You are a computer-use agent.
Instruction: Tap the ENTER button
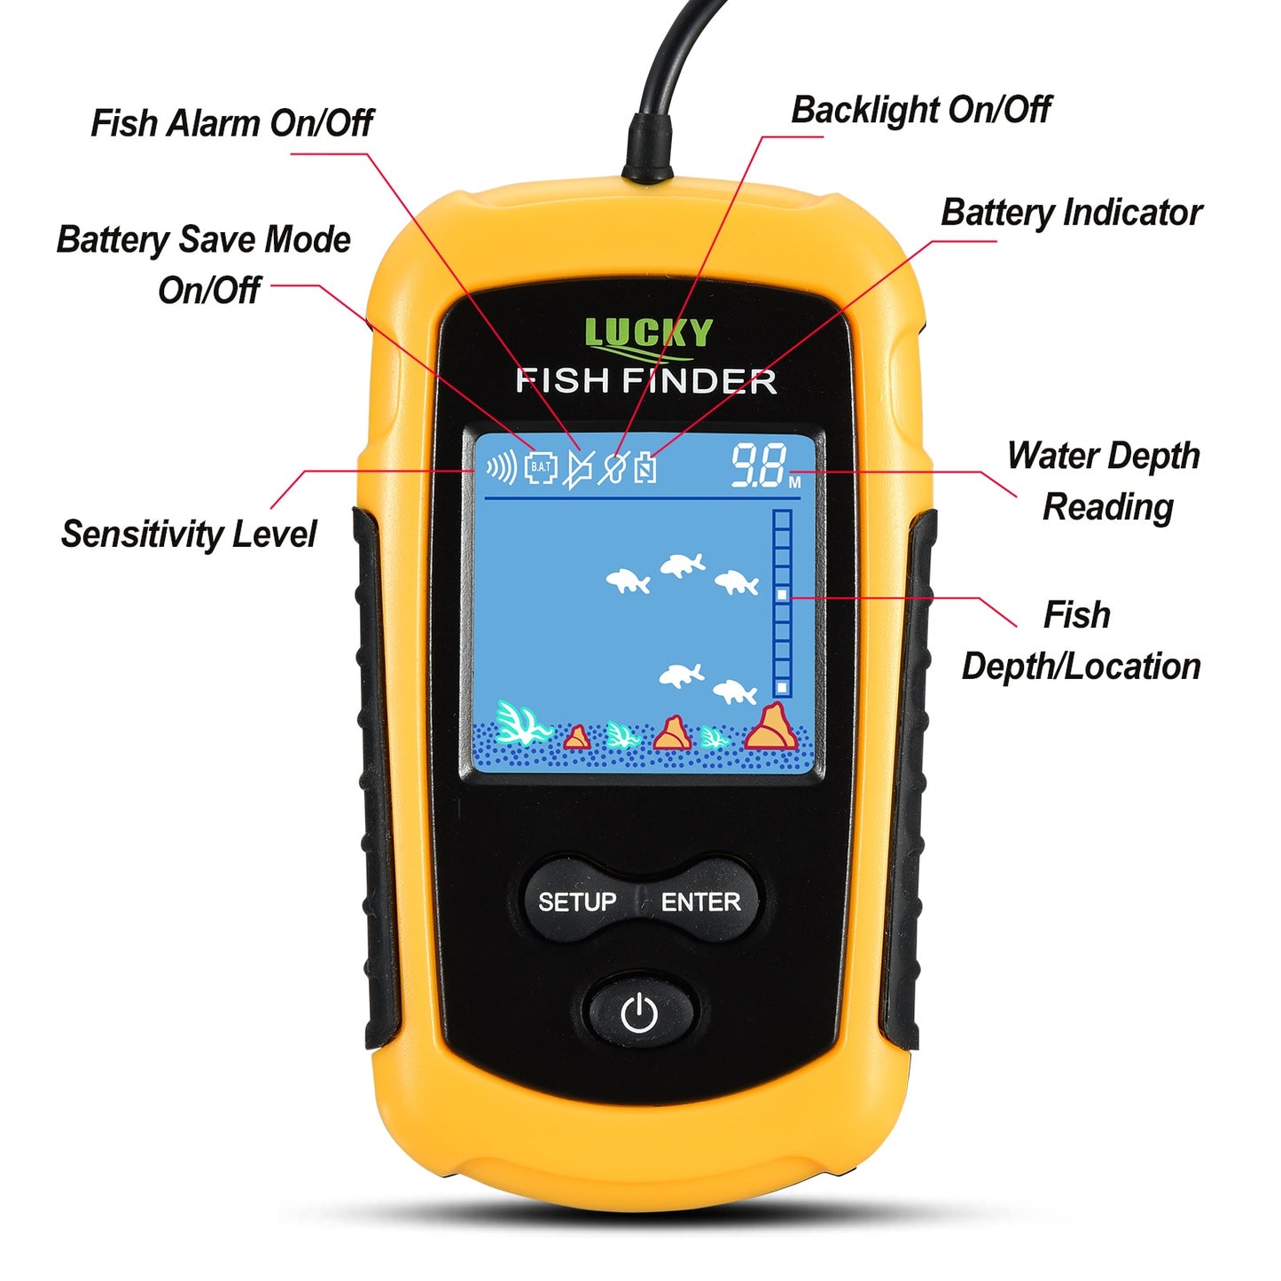700,902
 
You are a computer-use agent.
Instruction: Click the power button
639,1012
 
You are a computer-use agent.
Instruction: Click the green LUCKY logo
648,333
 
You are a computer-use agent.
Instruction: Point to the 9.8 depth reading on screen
760,466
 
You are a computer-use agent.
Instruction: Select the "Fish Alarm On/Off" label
232,123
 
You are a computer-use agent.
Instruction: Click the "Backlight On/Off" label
920,110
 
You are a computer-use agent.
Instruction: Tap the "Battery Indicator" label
1071,213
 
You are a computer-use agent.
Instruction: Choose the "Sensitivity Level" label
188,534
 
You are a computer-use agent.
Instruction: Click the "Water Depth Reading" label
1105,480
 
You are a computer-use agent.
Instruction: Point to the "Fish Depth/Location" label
1081,640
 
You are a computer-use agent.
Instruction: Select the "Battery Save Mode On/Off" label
204,264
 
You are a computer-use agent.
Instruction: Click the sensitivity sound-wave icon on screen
501,466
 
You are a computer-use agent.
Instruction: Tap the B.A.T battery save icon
541,467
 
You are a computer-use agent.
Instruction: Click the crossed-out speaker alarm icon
577,468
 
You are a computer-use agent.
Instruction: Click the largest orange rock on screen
770,728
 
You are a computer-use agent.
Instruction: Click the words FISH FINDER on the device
646,381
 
